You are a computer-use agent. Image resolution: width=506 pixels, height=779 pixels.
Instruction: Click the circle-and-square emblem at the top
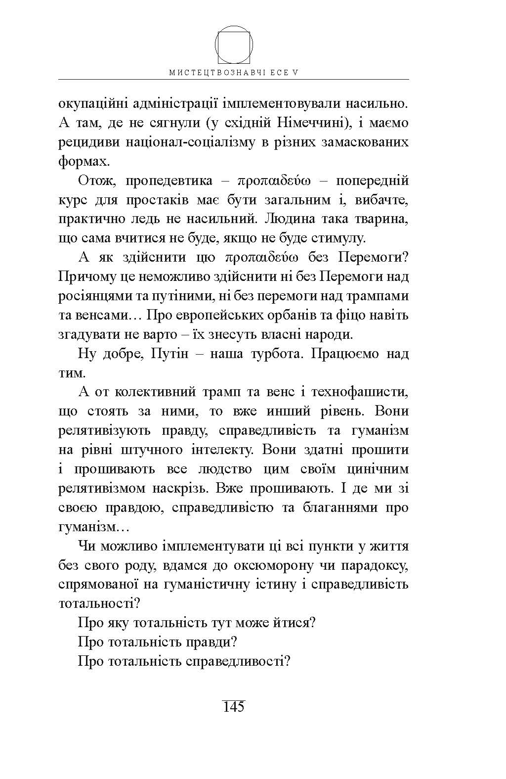[234, 45]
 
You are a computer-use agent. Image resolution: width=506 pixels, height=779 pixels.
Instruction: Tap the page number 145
[234, 707]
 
